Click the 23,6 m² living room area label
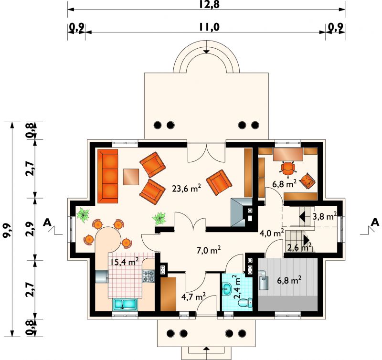click(x=186, y=188)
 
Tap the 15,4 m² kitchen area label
click(x=124, y=262)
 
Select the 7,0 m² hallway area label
click(x=209, y=250)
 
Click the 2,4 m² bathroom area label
click(x=237, y=287)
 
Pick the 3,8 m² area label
click(x=325, y=216)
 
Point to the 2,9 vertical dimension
click(x=30, y=229)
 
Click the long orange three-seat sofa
click(x=108, y=176)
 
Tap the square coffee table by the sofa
click(x=131, y=177)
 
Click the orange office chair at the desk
click(x=288, y=169)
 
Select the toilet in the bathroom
click(x=245, y=303)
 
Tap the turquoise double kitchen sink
click(x=125, y=304)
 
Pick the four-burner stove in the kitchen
click(x=149, y=276)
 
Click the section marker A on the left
click(x=47, y=222)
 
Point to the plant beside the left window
click(x=83, y=215)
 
